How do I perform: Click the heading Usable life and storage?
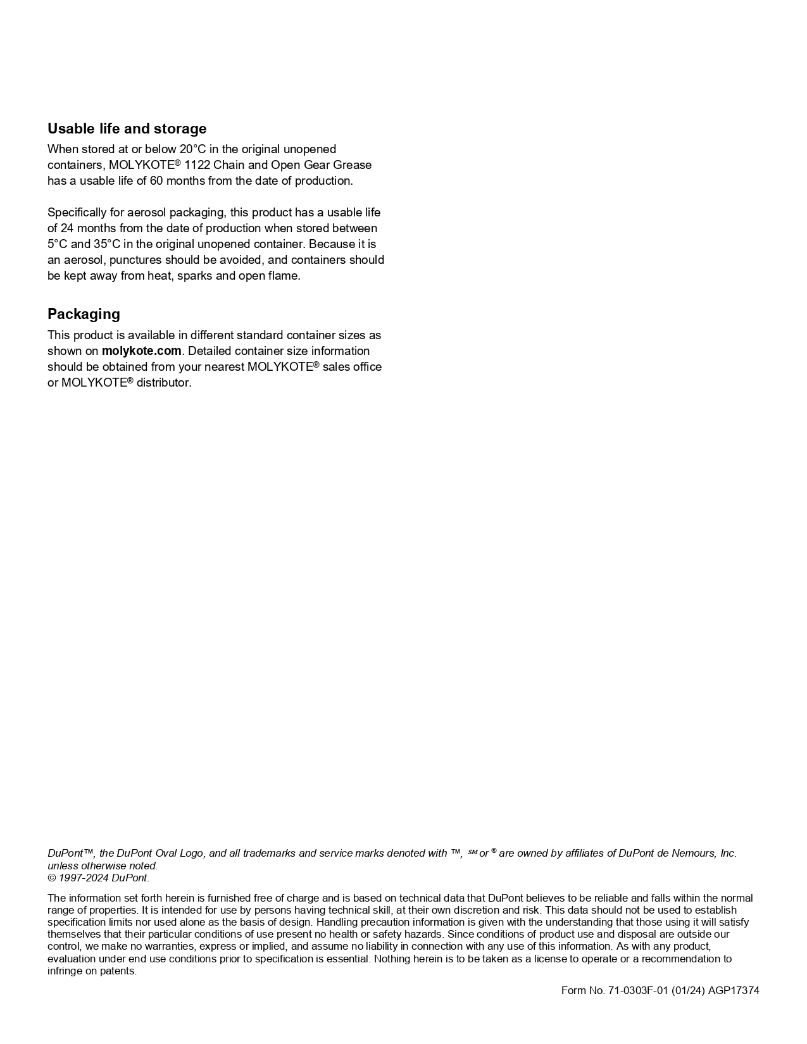127,128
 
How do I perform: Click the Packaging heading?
84,314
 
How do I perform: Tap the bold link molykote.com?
141,351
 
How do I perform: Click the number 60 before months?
156,181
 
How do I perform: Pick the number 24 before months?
67,228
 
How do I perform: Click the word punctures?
135,260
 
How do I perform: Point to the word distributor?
163,383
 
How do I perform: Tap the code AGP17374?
734,991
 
